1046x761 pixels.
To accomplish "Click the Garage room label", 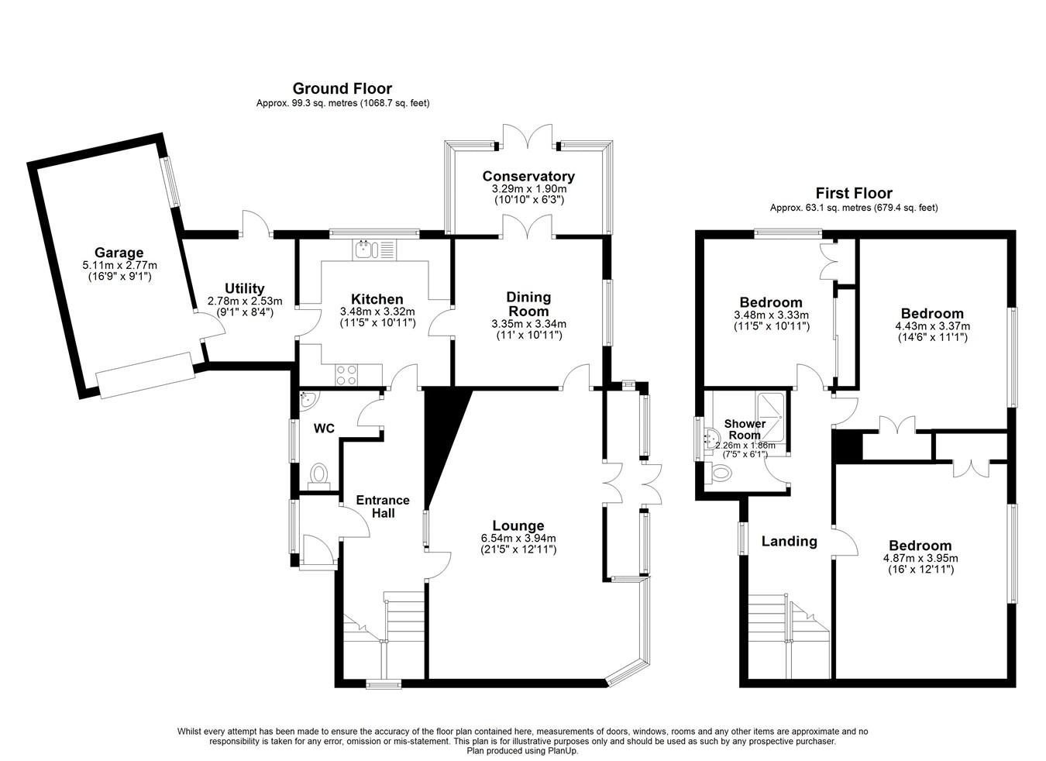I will click(119, 253).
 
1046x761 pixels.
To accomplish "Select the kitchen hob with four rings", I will click(347, 375).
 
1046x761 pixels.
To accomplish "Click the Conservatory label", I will click(528, 177).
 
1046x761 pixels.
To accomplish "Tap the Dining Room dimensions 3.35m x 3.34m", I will click(528, 324).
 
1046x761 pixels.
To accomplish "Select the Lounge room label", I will click(518, 526).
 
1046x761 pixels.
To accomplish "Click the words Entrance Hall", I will click(383, 506).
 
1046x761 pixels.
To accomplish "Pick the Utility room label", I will click(244, 289).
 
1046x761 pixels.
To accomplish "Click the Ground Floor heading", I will click(342, 89).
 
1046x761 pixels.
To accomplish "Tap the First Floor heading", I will click(853, 194).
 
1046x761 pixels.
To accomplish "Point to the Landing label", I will click(789, 541).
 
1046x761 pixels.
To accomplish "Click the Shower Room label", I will click(744, 429).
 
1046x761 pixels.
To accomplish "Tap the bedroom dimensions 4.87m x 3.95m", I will click(920, 558).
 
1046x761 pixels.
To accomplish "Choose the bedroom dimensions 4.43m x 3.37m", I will click(932, 326).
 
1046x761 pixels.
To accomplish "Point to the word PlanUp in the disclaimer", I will click(564, 750).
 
